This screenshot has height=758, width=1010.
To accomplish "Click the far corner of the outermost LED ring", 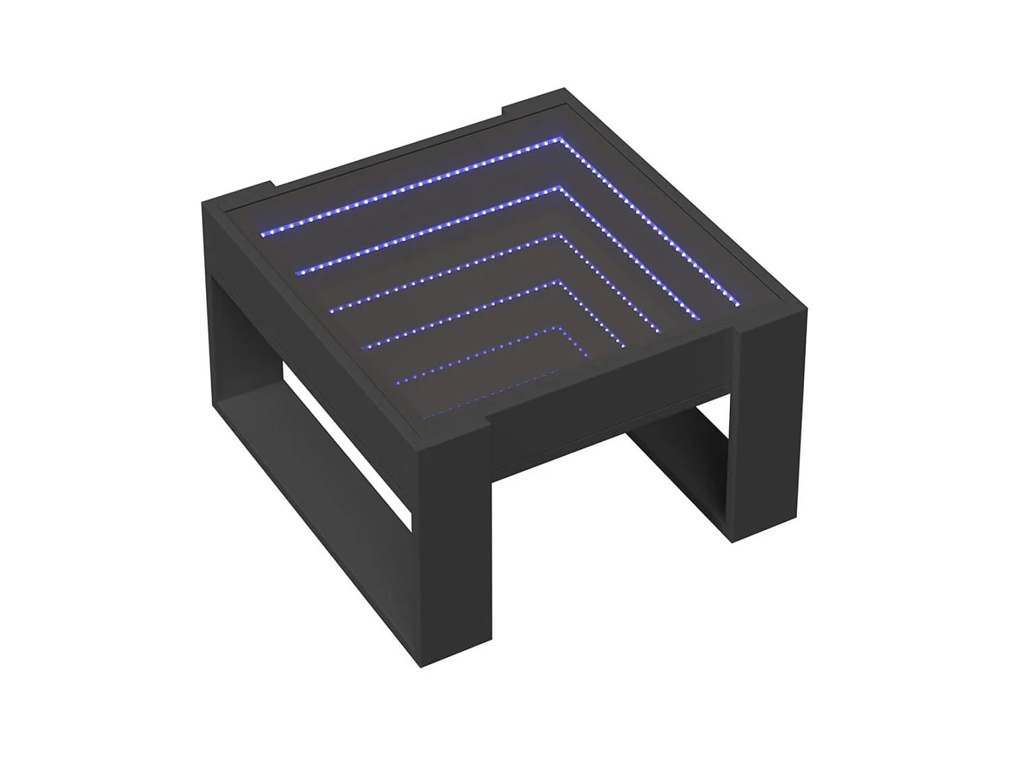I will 558,139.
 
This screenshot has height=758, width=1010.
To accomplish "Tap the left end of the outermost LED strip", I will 263,233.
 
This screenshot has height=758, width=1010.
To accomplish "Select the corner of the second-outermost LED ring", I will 557,187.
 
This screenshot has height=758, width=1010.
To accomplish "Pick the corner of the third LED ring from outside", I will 556,234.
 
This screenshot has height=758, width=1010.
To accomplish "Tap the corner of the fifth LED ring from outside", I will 555,328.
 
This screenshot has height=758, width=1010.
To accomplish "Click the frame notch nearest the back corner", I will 502,108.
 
